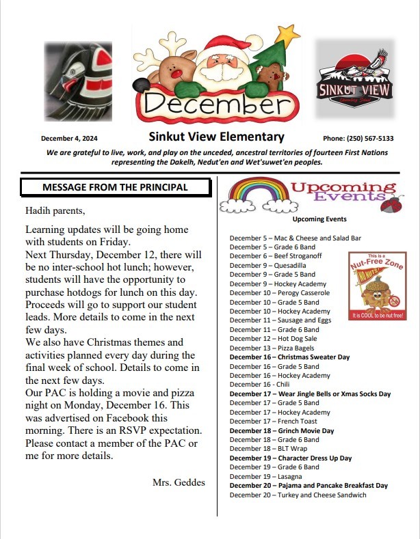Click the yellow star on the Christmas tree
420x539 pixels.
tap(289, 33)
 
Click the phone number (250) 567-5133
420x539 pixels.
tap(358, 138)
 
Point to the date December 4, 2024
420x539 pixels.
tap(70, 138)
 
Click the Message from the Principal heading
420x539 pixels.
tap(115, 187)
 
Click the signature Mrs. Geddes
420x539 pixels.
tap(179, 482)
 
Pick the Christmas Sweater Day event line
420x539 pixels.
tap(289, 357)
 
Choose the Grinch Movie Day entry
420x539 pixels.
tap(282, 431)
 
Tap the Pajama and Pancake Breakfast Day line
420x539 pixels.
tap(309, 486)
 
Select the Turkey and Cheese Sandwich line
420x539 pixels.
tap(298, 495)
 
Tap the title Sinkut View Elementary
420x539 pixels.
tap(216, 137)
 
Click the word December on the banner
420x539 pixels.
tap(213, 104)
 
